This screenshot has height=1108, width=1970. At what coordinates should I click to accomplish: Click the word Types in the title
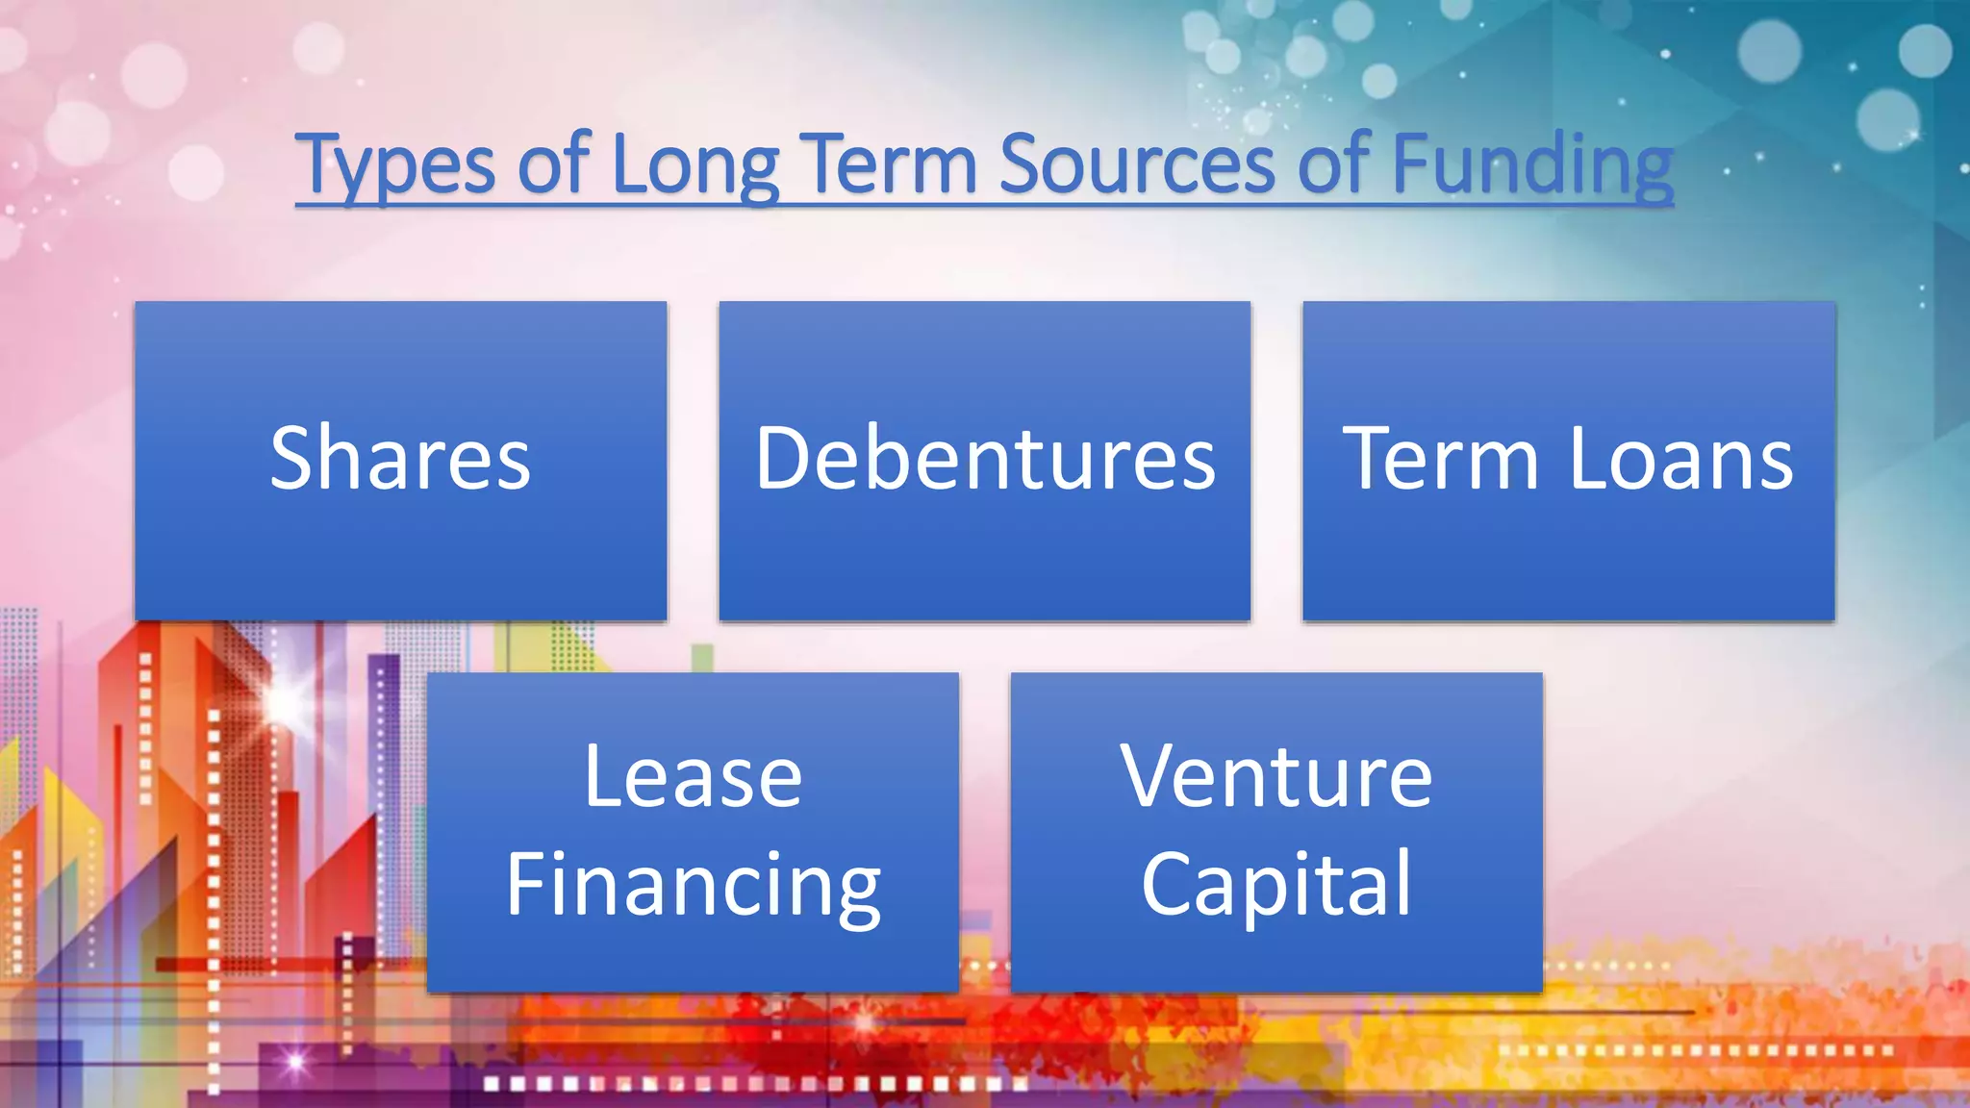tap(395, 165)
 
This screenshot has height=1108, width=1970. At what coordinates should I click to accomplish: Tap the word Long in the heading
tap(695, 165)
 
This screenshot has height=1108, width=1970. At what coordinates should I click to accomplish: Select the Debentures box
tap(984, 558)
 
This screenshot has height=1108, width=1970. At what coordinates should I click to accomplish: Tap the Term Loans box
tap(1568, 558)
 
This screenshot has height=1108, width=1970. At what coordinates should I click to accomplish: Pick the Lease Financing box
tap(693, 952)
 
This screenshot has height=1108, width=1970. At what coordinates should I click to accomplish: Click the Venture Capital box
tap(1276, 952)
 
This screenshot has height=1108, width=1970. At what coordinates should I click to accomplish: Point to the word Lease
tap(693, 777)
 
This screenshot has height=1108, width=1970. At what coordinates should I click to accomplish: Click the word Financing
tap(693, 885)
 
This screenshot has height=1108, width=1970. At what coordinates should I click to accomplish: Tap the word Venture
tap(1276, 777)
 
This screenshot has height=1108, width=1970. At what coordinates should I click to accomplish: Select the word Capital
tap(1276, 885)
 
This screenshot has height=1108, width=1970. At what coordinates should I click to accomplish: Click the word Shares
tap(400, 460)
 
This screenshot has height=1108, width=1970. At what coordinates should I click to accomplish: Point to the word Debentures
tap(985, 460)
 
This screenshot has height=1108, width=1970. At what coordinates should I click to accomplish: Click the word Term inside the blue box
tap(1440, 460)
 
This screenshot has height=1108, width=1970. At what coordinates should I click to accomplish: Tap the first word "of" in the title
tap(553, 165)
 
